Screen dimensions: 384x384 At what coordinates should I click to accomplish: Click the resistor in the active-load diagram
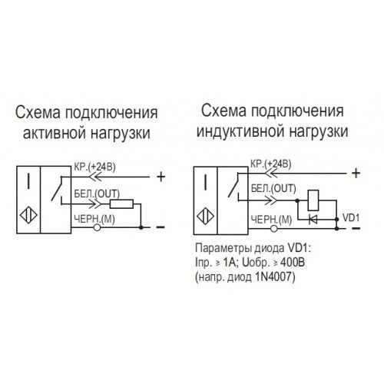121,204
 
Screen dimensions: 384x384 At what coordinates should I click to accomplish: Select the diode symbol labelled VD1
313,220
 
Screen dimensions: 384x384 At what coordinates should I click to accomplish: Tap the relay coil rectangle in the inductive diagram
313,200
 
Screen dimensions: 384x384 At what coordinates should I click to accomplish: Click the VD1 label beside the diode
351,218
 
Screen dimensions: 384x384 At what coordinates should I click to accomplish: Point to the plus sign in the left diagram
161,177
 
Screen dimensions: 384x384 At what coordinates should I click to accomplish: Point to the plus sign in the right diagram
356,174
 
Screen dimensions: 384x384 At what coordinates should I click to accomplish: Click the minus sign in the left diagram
161,227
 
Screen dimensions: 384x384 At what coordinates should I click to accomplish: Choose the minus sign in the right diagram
356,228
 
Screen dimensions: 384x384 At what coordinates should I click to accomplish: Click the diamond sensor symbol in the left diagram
28,215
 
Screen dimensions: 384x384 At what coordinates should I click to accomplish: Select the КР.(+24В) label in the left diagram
94,167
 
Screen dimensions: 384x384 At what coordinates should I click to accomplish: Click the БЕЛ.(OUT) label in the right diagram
273,189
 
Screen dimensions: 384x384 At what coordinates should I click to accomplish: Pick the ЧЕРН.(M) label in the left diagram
94,219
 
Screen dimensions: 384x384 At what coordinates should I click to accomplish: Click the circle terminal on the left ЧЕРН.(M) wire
97,227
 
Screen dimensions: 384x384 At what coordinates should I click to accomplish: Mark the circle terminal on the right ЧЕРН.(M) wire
274,228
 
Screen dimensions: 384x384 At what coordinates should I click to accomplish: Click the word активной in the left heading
55,133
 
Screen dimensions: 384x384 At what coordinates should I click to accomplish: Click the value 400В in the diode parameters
293,263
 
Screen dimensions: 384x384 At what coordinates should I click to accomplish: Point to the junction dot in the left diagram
141,227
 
